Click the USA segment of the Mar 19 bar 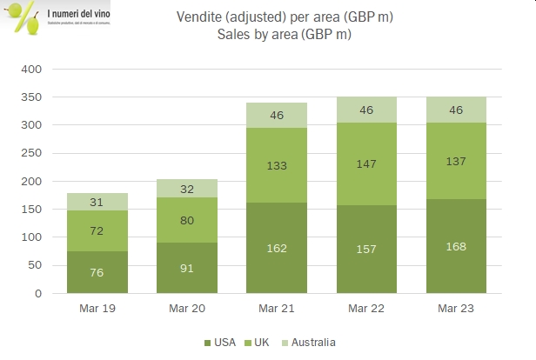coord(97,272)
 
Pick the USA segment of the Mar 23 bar coord(456,246)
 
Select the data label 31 coord(97,203)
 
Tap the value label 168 coord(456,246)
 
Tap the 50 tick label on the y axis coord(33,265)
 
